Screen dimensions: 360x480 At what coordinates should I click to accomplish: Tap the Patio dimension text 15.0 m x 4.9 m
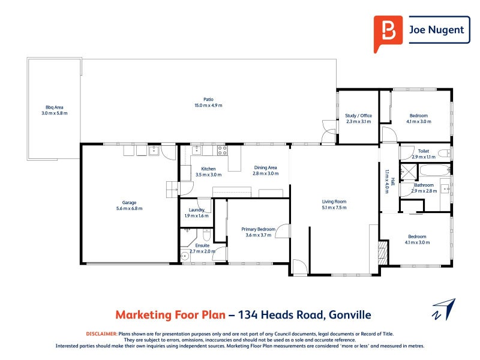click(208, 106)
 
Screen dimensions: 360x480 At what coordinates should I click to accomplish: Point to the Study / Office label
click(358, 115)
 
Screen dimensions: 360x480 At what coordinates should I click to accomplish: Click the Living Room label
click(334, 202)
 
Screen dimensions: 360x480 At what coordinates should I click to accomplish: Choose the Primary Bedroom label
click(259, 229)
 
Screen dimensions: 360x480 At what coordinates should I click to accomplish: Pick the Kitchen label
click(208, 169)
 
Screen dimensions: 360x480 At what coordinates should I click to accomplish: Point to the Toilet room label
click(424, 151)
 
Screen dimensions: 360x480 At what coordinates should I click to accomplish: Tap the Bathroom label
click(424, 185)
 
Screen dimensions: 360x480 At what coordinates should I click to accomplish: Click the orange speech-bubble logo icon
click(388, 32)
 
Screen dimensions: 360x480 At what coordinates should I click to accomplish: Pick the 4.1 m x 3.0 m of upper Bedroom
click(419, 122)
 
